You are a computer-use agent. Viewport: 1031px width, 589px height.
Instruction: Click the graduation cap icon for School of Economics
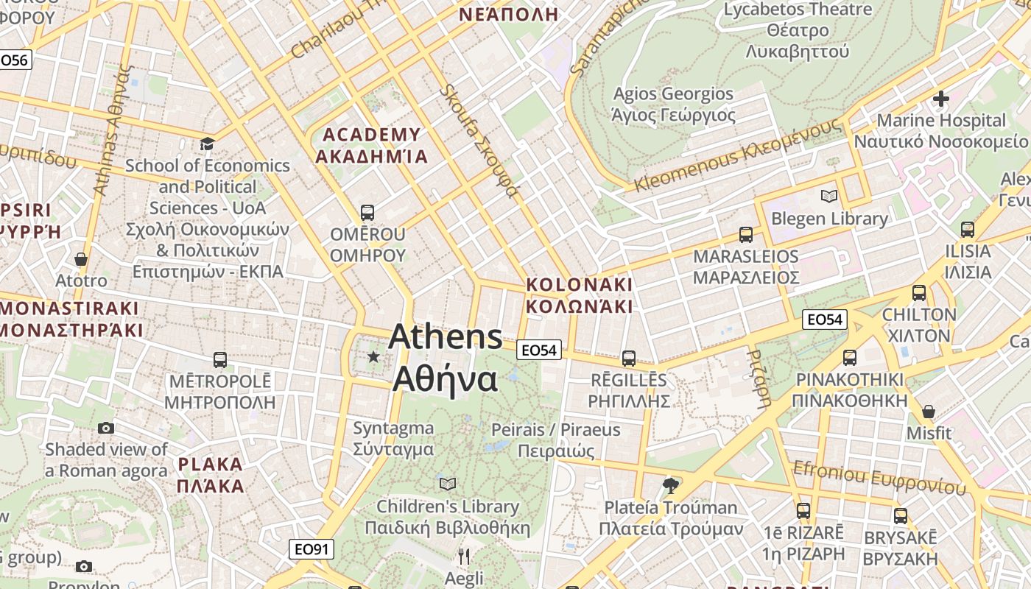[207, 143]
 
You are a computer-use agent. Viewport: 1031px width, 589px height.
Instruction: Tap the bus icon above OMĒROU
[367, 213]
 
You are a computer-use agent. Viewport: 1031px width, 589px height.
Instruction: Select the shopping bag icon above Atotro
[81, 259]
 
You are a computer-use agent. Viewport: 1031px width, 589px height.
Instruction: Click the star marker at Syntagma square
[373, 357]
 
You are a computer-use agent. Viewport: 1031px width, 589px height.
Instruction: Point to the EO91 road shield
[311, 549]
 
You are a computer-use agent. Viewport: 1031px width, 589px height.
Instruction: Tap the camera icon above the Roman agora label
[106, 428]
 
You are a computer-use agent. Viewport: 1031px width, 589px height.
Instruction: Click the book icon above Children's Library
[447, 484]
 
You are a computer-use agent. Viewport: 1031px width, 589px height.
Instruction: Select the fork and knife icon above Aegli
[464, 556]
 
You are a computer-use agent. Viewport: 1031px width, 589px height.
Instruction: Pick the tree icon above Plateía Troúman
[670, 485]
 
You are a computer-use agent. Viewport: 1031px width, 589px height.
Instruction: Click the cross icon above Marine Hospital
[940, 98]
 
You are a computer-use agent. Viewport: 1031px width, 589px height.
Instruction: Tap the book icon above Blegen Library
[829, 196]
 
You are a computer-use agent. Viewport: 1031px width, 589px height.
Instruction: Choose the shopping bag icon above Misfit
[929, 411]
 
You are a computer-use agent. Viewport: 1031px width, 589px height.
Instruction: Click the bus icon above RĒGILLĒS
[628, 359]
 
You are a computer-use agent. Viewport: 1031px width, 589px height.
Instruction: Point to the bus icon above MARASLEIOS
[746, 235]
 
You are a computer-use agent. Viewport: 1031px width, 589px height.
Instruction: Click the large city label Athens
[446, 337]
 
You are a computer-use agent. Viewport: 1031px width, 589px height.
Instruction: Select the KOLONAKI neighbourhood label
[580, 284]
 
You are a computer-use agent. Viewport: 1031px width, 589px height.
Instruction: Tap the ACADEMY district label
[371, 135]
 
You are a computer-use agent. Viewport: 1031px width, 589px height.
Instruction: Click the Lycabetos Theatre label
[798, 10]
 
